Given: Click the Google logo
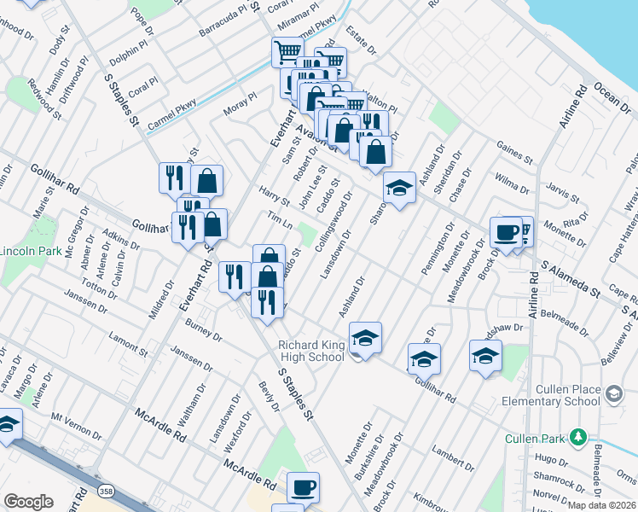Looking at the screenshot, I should tap(29, 502).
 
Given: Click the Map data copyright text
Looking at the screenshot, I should tap(600, 505).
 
